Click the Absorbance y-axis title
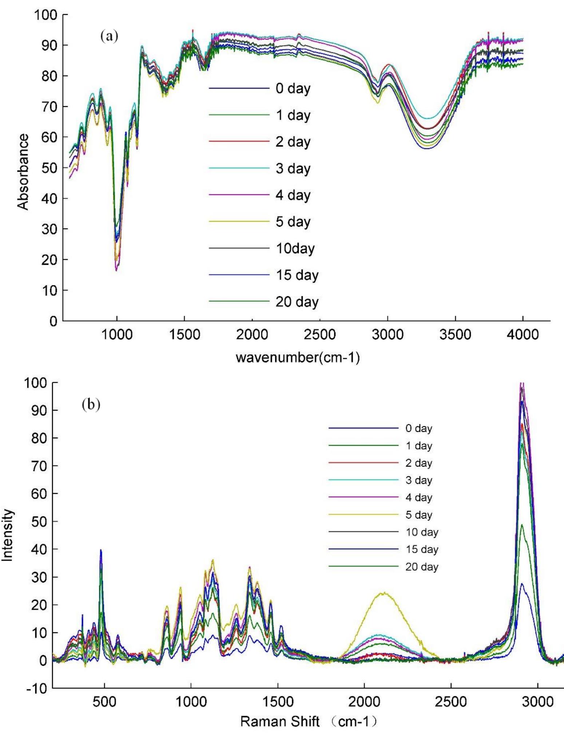pyautogui.click(x=23, y=172)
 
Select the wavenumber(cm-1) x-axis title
pyautogui.click(x=298, y=358)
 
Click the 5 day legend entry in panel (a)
pyautogui.click(x=293, y=222)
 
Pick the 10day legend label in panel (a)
pyautogui.click(x=295, y=249)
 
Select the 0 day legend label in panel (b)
pyautogui.click(x=419, y=428)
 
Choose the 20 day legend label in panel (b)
pyautogui.click(x=422, y=567)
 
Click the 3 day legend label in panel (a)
pyautogui.click(x=293, y=169)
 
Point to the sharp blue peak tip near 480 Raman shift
pyautogui.click(x=101, y=550)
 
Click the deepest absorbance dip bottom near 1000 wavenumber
pyautogui.click(x=116, y=270)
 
